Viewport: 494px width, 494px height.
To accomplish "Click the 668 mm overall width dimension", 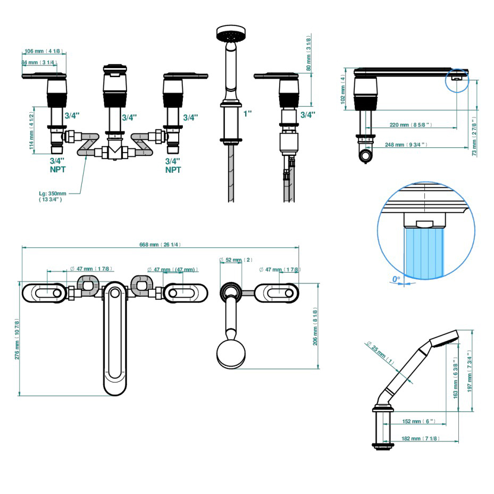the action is (x=160, y=245).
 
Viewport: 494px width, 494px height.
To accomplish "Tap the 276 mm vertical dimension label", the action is (x=17, y=339).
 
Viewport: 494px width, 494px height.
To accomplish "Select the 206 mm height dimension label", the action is (x=315, y=328).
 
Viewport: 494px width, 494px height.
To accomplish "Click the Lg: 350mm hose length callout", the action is (x=53, y=196).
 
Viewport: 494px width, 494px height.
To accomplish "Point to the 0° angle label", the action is (x=396, y=279).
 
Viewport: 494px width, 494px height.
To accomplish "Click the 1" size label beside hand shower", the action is (x=248, y=113).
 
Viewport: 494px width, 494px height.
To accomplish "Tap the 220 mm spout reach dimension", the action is (x=411, y=125).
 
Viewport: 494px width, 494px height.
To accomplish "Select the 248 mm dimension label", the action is (x=406, y=145).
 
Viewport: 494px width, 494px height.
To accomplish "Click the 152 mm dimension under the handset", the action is (x=418, y=421).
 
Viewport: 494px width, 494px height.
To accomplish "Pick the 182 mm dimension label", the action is (x=420, y=438).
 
